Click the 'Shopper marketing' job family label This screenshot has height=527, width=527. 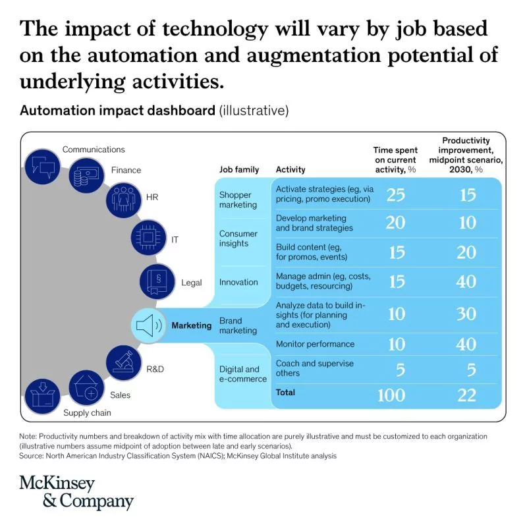[238, 200]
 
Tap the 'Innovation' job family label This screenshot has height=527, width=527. [238, 282]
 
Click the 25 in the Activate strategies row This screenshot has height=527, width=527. [395, 194]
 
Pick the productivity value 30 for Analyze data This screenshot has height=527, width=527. [466, 314]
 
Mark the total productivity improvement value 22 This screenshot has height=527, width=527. [466, 395]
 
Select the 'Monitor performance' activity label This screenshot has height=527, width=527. [315, 344]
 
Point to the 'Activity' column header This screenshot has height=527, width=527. [291, 170]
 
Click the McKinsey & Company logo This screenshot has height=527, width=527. [76, 493]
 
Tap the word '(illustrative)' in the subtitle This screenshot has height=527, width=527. [254, 110]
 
